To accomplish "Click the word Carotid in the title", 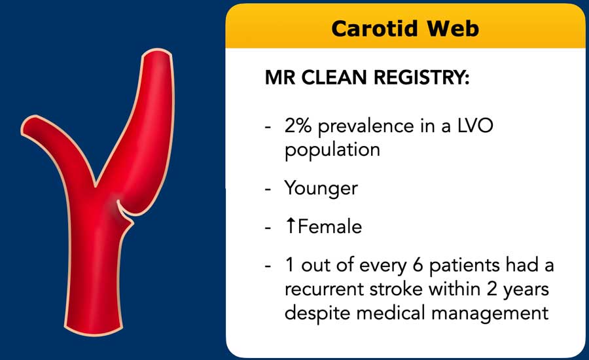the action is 374,29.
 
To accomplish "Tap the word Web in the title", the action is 453,29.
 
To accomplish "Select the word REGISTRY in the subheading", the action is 421,77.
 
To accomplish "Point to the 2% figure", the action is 298,126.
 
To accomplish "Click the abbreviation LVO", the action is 475,126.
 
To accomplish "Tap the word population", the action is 332,151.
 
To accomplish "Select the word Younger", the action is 321,189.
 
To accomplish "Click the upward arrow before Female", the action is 291,226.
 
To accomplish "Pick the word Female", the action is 329,226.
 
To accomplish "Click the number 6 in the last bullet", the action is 418,265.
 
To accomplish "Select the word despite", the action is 317,314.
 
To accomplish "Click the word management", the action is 490,314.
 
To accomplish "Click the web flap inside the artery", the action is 124,211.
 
